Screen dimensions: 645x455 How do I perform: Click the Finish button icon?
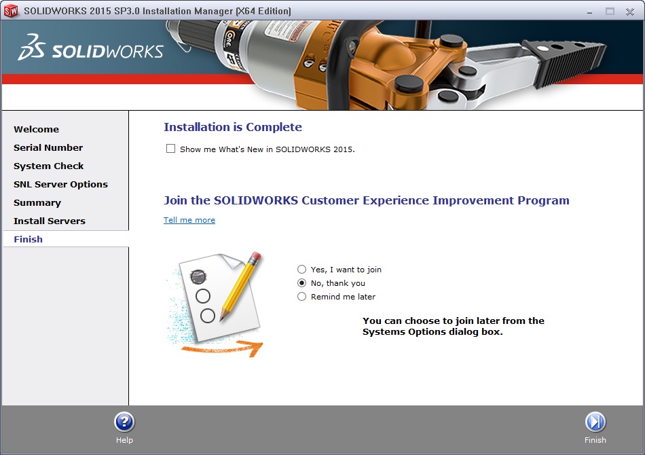tap(595, 422)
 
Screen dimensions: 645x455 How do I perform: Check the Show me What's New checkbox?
tap(170, 149)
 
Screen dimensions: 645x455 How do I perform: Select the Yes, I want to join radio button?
tap(302, 270)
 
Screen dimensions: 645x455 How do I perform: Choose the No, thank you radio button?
tap(302, 283)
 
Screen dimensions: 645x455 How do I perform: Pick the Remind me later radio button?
tap(302, 297)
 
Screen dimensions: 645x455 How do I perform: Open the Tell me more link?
tap(189, 220)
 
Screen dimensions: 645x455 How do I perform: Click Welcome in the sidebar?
tap(36, 129)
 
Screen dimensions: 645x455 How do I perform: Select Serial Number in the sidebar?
tap(48, 147)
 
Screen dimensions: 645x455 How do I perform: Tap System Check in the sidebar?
tap(48, 166)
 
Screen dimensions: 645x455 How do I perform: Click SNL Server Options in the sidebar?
tap(60, 184)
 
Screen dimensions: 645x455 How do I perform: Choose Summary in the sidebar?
tap(37, 203)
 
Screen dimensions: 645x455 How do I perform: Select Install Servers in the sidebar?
tap(50, 221)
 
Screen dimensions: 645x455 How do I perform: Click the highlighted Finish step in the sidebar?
tap(28, 240)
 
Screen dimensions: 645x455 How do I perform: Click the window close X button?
tap(630, 12)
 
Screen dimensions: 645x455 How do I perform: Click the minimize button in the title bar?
tap(589, 13)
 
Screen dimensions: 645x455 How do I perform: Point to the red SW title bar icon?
tap(11, 11)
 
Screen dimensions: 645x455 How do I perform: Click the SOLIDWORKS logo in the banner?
tap(90, 48)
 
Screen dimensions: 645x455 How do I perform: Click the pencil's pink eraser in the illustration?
tap(255, 257)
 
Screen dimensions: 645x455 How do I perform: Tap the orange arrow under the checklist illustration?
tap(222, 349)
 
